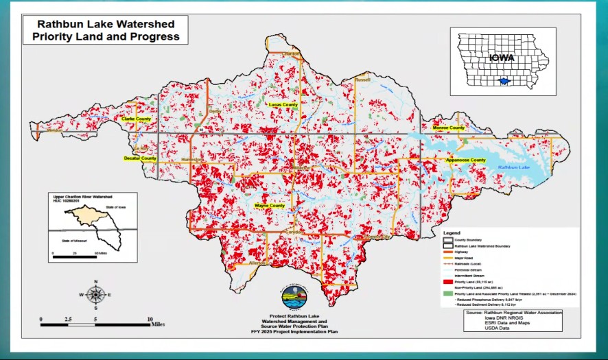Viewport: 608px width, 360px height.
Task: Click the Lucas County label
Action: [x=283, y=105]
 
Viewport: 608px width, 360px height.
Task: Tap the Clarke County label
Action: [x=136, y=119]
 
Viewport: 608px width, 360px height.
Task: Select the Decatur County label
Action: [x=140, y=158]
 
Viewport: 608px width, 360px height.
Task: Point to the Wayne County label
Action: [x=270, y=206]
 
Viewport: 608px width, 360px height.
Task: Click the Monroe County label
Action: [x=449, y=128]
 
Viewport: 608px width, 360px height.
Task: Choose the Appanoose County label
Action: [x=466, y=160]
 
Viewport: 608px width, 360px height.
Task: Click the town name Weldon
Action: [x=55, y=130]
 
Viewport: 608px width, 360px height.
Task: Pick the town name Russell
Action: [x=362, y=80]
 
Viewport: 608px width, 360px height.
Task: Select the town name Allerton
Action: [x=257, y=263]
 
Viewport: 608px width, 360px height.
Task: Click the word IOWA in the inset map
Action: [x=502, y=58]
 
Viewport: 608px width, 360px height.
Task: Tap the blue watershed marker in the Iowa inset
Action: [x=504, y=81]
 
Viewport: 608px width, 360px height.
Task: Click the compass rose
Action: [x=96, y=295]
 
